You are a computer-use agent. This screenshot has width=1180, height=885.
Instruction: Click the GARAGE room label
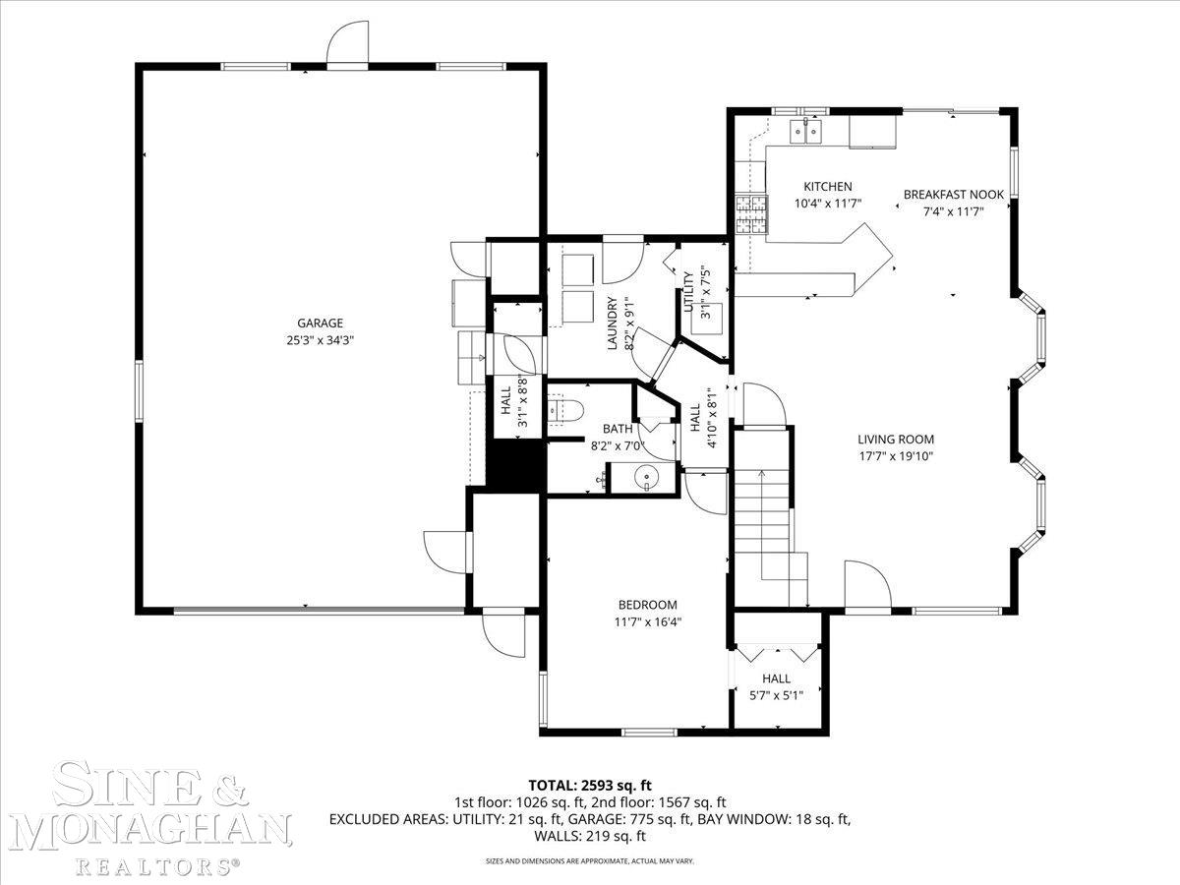click(x=321, y=323)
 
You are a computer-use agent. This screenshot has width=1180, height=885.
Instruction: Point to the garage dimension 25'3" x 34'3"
click(x=321, y=341)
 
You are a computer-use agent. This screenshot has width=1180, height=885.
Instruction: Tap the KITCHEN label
click(x=827, y=187)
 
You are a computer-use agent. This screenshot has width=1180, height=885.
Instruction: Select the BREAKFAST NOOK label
click(x=953, y=195)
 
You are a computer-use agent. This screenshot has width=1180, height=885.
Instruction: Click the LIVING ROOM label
click(x=895, y=440)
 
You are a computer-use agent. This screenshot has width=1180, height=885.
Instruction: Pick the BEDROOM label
click(x=647, y=605)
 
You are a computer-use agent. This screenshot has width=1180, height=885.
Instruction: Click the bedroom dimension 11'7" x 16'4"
click(x=647, y=621)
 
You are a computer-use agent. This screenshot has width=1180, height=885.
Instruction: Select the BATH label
click(x=618, y=429)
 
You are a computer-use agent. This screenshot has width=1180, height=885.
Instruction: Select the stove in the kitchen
click(x=750, y=214)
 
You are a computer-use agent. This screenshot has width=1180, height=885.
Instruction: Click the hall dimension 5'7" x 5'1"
click(x=776, y=695)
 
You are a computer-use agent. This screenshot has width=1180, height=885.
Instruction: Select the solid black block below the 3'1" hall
click(x=517, y=464)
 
